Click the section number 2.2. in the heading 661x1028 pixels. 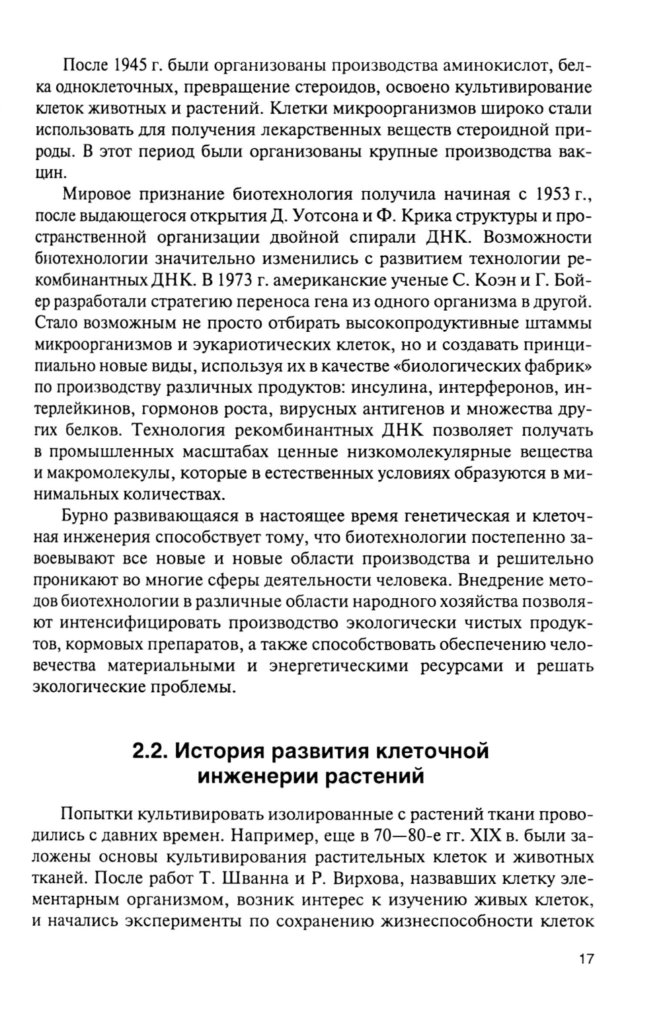coord(149,752)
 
